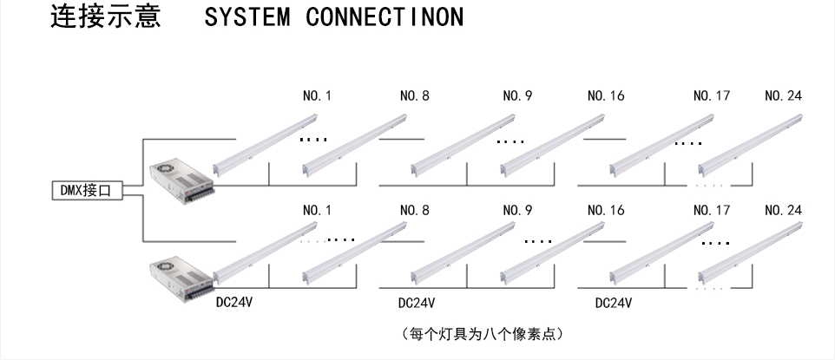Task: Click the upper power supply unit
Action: (x=180, y=180)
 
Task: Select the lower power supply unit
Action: (x=180, y=278)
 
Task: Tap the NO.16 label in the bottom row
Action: (x=606, y=210)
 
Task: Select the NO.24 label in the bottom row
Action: (x=783, y=210)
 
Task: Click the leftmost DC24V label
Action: (x=234, y=304)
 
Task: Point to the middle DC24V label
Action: (x=416, y=304)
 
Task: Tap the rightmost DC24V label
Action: (x=613, y=304)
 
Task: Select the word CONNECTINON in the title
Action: (x=385, y=18)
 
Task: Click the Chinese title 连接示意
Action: (x=105, y=18)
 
